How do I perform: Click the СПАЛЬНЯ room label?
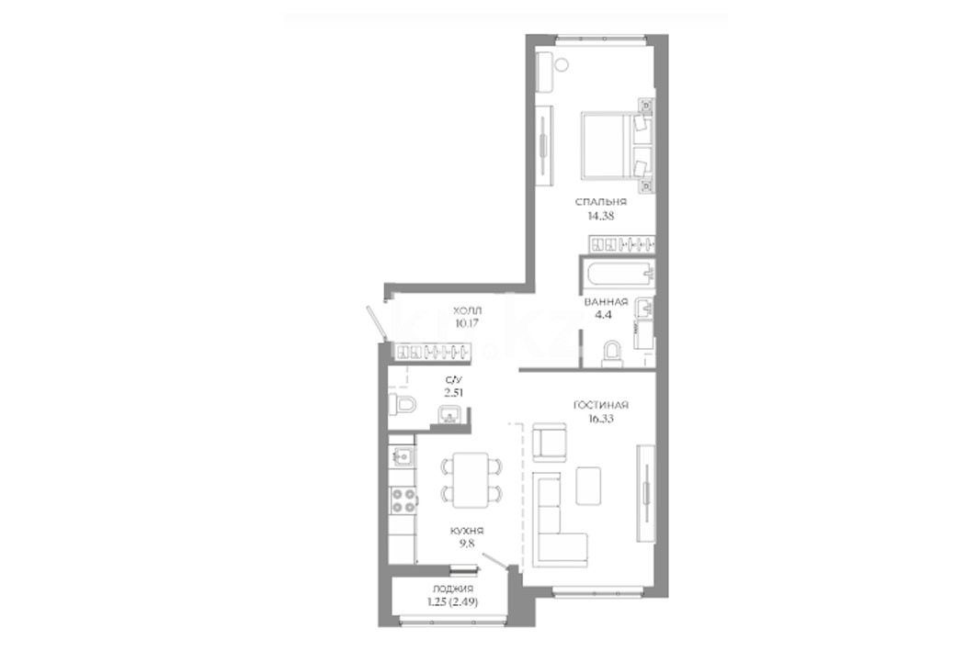click(601, 202)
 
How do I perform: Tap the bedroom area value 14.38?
click(601, 216)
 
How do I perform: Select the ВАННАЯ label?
click(606, 302)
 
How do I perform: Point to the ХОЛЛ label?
click(467, 310)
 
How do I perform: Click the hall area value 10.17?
click(467, 323)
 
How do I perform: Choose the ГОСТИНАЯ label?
click(601, 405)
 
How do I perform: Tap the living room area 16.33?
click(601, 419)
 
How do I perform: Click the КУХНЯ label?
click(467, 531)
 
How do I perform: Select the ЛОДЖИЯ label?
click(452, 589)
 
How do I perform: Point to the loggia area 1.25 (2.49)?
click(452, 601)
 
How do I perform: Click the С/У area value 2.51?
click(454, 393)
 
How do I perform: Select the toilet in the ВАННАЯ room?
click(612, 353)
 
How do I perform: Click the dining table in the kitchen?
click(471, 480)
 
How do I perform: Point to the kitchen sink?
click(403, 457)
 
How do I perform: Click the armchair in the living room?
click(550, 442)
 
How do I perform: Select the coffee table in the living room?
click(588, 486)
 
